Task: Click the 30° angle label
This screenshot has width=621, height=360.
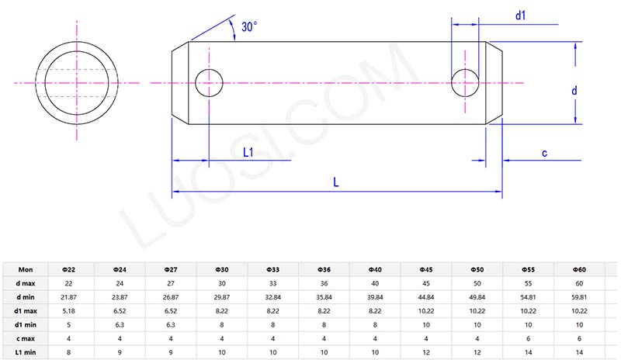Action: [x=248, y=26]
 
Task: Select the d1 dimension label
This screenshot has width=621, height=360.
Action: [x=521, y=15]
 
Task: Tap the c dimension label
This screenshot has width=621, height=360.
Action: [x=544, y=153]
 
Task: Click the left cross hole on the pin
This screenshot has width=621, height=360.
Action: [x=209, y=81]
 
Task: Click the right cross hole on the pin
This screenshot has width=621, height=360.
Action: [x=465, y=81]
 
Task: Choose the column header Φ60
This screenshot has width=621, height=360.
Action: [x=579, y=269]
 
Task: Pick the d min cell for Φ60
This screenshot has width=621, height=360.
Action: [x=579, y=297]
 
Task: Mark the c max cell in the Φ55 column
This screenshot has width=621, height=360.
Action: [x=528, y=339]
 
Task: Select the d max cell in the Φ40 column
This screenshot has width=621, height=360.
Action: [x=374, y=283]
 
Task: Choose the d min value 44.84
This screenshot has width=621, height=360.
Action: [x=425, y=297]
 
